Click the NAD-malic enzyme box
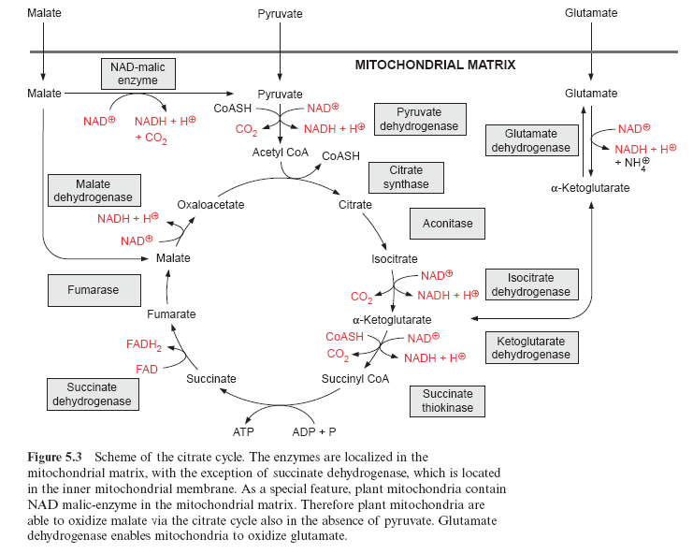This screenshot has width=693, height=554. [x=138, y=74]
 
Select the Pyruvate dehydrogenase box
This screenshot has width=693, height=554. [x=419, y=120]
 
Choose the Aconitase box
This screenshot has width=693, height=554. [x=447, y=224]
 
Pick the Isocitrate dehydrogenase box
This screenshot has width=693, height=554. [x=530, y=284]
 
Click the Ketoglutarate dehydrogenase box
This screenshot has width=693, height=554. [x=530, y=347]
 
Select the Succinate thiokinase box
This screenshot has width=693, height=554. [x=447, y=401]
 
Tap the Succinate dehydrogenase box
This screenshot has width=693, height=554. [x=91, y=394]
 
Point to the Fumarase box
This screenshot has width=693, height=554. [x=93, y=290]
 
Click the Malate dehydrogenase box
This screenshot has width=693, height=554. [x=93, y=190]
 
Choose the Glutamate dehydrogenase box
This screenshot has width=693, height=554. [x=530, y=140]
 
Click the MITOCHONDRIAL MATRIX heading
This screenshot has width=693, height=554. [x=435, y=66]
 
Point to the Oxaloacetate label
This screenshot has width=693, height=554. [x=210, y=204]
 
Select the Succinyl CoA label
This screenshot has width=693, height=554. [x=355, y=379]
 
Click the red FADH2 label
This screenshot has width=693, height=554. [x=144, y=345]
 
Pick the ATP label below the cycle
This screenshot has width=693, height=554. [x=243, y=432]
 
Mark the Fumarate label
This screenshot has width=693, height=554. [x=171, y=314]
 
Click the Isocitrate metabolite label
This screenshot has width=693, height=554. [x=395, y=259]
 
